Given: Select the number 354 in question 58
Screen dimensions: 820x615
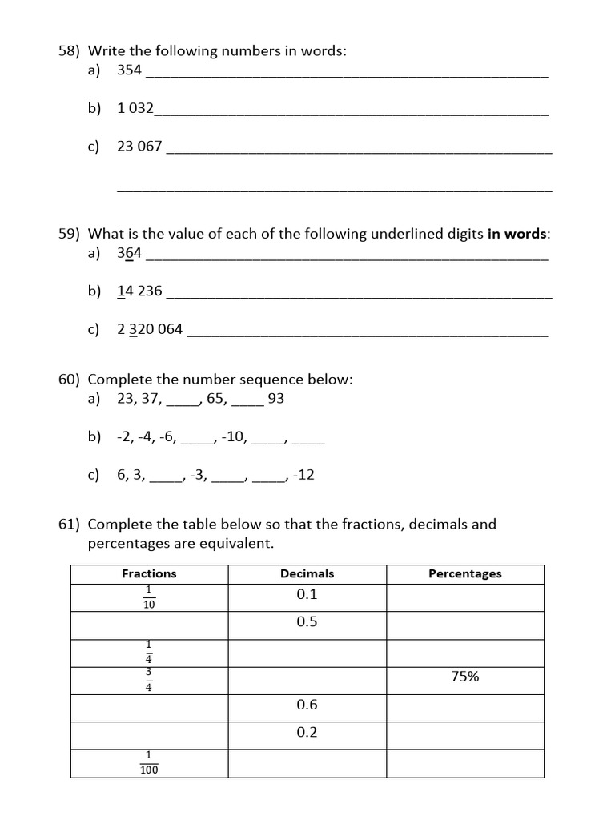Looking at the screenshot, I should [x=129, y=70].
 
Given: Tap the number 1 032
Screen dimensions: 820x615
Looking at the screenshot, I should [x=135, y=108].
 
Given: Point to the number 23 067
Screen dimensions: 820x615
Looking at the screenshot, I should [x=139, y=146].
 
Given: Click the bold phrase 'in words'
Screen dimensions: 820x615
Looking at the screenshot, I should [x=518, y=234].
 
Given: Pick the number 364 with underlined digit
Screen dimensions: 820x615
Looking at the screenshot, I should [x=129, y=253].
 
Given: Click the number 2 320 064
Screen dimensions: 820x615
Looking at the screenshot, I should [x=150, y=329].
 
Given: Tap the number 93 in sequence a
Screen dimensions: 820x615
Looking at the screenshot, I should [x=275, y=398].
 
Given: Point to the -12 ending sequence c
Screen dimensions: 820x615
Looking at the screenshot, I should [x=303, y=475].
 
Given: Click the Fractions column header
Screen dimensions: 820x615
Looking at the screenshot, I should [x=149, y=573].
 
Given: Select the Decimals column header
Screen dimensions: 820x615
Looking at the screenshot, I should [x=307, y=573].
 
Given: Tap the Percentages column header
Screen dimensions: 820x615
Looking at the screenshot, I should [x=464, y=573].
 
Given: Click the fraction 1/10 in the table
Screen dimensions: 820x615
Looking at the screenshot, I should [x=149, y=598].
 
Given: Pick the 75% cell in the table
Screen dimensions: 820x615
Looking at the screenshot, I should [x=464, y=677].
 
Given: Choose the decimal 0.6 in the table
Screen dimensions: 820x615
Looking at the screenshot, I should [x=307, y=705].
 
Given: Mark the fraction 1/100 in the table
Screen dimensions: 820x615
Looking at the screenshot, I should [x=149, y=763].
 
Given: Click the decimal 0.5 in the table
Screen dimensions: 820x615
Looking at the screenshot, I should [x=307, y=621].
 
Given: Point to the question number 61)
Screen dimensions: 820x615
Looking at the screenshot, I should [x=70, y=525].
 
